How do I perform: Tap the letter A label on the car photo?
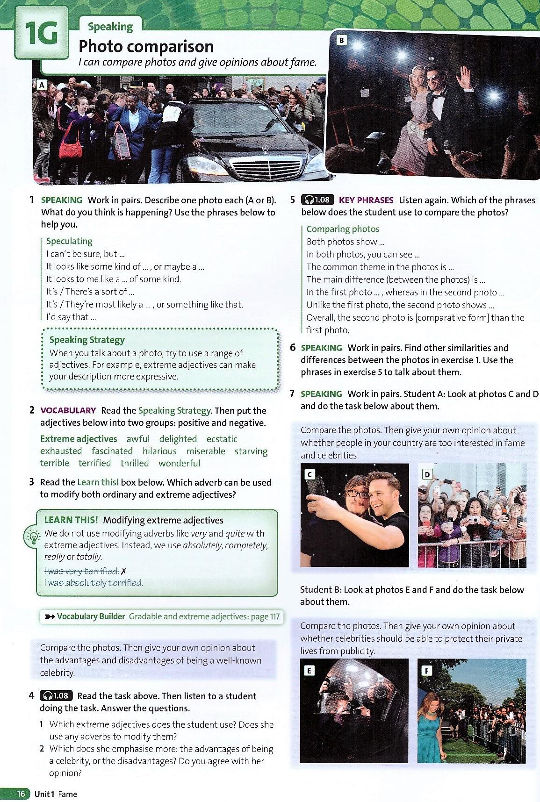42,85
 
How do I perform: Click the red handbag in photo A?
71,149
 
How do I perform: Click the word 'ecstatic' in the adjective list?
222,439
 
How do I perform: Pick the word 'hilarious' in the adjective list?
159,451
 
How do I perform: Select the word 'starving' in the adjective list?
251,451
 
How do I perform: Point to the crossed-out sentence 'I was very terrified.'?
81,571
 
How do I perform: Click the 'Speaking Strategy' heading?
87,340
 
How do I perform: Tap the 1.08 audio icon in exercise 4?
56,695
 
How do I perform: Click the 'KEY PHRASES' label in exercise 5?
366,200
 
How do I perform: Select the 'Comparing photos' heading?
343,229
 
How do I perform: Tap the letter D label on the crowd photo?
427,475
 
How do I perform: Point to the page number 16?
21,794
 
